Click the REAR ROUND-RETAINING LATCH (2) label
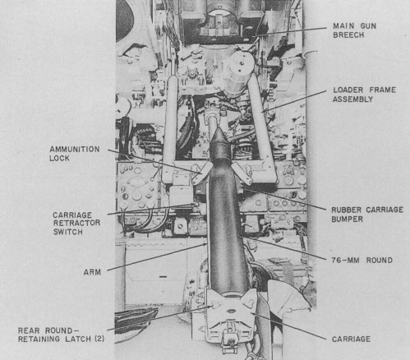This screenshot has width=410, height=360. click(x=60, y=336)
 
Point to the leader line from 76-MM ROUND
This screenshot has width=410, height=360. click(x=288, y=251)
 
